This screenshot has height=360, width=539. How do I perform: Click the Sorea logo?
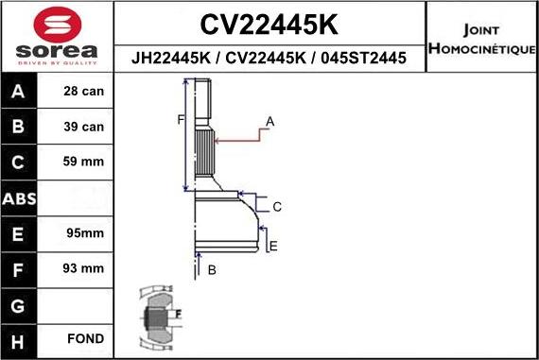pyautogui.click(x=57, y=36)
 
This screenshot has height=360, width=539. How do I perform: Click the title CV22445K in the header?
pyautogui.click(x=270, y=24)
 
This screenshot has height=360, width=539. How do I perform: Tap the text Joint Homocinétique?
pyautogui.click(x=482, y=39)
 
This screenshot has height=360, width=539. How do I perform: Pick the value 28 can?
pyautogui.click(x=84, y=92)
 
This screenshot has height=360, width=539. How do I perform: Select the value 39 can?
pyautogui.click(x=84, y=127)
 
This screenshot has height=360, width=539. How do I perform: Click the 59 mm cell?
pyautogui.click(x=84, y=162)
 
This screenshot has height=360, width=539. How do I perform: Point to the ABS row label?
pyautogui.click(x=20, y=197)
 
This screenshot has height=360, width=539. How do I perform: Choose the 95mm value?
pyautogui.click(x=84, y=232)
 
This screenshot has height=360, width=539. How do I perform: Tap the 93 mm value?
pyautogui.click(x=84, y=268)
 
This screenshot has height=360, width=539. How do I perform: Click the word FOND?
pyautogui.click(x=84, y=338)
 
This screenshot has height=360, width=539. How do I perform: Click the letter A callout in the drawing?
pyautogui.click(x=269, y=122)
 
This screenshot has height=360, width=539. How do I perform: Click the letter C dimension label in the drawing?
pyautogui.click(x=277, y=206)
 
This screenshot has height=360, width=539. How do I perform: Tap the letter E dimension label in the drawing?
pyautogui.click(x=273, y=247)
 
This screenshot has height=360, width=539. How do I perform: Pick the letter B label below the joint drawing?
pyautogui.click(x=212, y=270)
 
